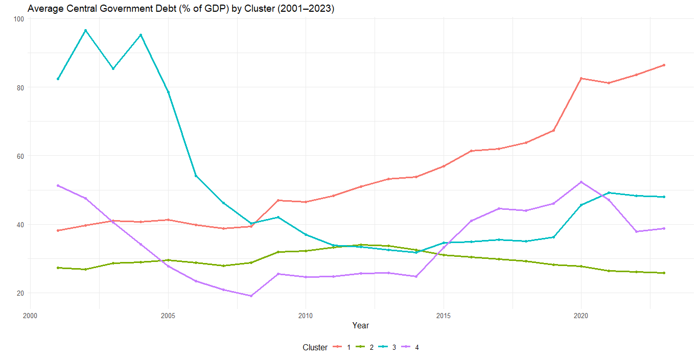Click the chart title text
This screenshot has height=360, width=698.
click(x=181, y=8)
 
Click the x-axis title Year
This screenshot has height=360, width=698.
click(x=361, y=325)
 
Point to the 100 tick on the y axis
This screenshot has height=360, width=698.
click(x=19, y=19)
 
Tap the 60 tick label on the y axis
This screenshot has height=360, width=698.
click(x=20, y=156)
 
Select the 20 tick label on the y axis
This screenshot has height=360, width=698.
click(x=20, y=293)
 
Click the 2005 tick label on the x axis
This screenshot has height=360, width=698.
click(x=168, y=316)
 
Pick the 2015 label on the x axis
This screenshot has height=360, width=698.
click(x=444, y=316)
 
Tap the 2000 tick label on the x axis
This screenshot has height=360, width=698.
click(x=30, y=316)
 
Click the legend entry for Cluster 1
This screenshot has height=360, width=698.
click(x=342, y=347)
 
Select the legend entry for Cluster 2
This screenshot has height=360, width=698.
click(x=364, y=347)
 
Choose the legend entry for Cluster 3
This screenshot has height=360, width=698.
click(x=387, y=347)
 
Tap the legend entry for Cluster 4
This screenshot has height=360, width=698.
click(x=410, y=347)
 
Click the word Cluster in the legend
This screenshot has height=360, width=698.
click(x=315, y=347)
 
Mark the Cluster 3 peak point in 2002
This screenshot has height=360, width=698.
click(x=86, y=31)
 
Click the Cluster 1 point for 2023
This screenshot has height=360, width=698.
click(x=664, y=65)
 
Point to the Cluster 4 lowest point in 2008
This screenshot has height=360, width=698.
click(x=251, y=296)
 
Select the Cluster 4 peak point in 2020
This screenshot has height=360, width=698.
click(x=581, y=182)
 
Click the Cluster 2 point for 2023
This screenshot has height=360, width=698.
click(x=664, y=273)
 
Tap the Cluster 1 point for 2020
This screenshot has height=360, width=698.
click(x=581, y=79)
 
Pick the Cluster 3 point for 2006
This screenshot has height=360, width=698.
click(x=196, y=176)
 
